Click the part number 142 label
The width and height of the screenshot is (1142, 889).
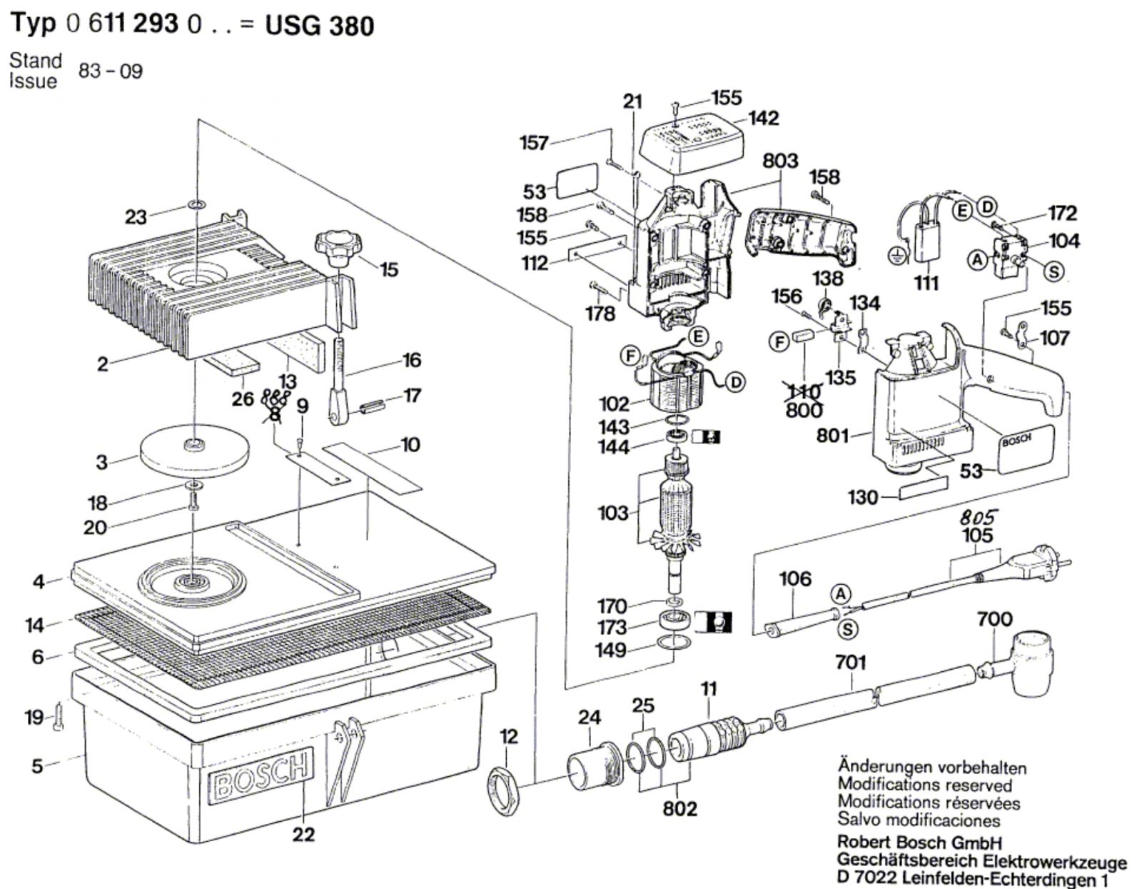pos(764,118)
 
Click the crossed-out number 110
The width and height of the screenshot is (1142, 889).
pos(804,391)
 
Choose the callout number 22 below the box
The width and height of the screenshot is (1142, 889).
pos(303,834)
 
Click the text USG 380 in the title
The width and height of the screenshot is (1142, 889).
pos(320,26)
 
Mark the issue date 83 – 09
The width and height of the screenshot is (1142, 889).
pos(111,71)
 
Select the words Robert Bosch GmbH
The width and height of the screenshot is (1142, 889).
pos(919,843)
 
